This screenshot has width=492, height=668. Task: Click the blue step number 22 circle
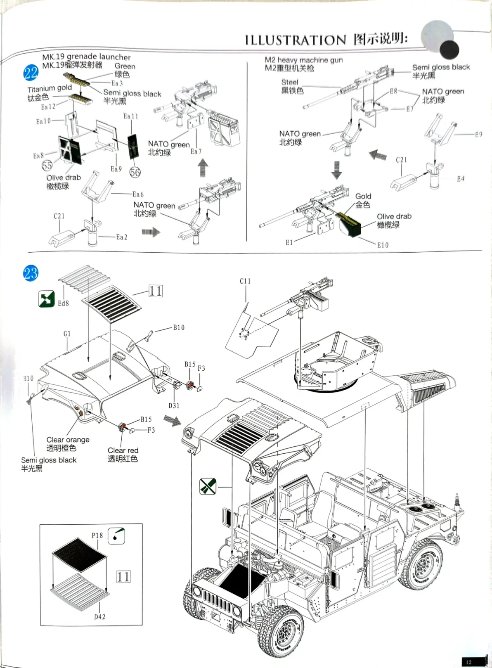[x=31, y=73]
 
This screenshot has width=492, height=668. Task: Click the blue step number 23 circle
[x=31, y=273]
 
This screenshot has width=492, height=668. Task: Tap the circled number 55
[x=47, y=166]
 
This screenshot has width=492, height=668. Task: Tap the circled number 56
[x=135, y=172]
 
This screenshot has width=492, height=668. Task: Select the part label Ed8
[x=63, y=303]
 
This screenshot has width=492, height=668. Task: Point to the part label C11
[x=245, y=281]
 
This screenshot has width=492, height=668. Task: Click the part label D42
[x=99, y=617]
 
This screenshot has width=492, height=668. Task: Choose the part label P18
[x=97, y=535]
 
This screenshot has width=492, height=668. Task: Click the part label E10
[x=383, y=245]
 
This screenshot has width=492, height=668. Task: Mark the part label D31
[x=174, y=406]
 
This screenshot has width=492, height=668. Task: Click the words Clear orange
[x=68, y=440]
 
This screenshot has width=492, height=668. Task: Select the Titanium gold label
[x=50, y=88]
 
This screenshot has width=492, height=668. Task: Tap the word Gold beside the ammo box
[x=363, y=197]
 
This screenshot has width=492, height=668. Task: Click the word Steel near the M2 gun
[x=290, y=83]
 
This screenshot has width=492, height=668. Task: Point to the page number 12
[x=468, y=662]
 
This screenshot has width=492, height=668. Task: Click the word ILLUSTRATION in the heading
[x=296, y=40]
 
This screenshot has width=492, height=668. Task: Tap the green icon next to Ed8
[x=46, y=299]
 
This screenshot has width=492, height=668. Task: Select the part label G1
[x=67, y=334]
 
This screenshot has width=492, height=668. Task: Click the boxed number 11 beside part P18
[x=123, y=576]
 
